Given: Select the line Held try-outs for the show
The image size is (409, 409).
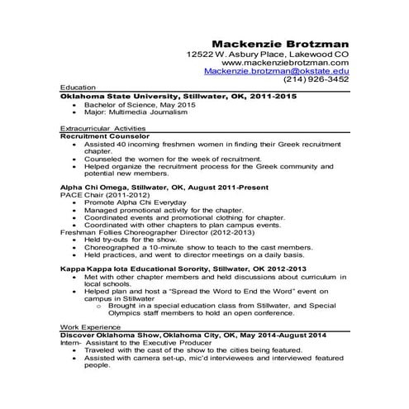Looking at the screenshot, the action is click(131, 240).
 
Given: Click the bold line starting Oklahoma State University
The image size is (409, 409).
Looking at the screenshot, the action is click(178, 96).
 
